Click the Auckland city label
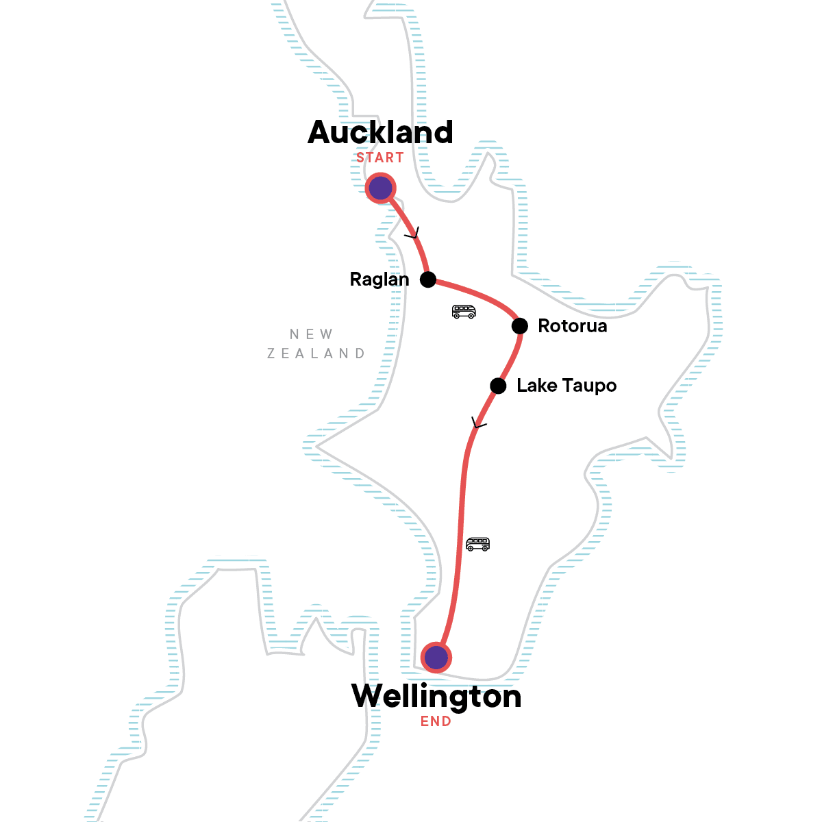point(380,132)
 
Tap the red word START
point(379,158)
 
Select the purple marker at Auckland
point(380,188)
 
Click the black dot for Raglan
point(428,279)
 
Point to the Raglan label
point(379,279)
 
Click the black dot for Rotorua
point(520,325)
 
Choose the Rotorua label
point(573,326)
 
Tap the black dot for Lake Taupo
point(498,386)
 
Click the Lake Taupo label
point(566,386)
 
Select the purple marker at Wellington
point(436,658)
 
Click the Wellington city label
point(436,697)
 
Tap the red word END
point(436,721)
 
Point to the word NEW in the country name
point(312,334)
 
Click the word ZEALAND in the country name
point(316,353)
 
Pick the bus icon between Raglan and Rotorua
point(464,312)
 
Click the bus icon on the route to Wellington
point(477,545)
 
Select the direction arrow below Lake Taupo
point(478,423)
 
